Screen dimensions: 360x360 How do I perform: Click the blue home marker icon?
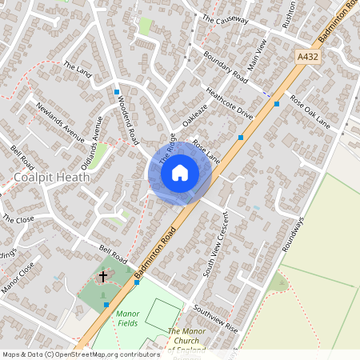180,172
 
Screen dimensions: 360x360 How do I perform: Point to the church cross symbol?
102,278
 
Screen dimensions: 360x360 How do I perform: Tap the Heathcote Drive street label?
229,104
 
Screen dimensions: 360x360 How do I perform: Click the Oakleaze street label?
194,119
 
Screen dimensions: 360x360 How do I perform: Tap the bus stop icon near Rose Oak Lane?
276,104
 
